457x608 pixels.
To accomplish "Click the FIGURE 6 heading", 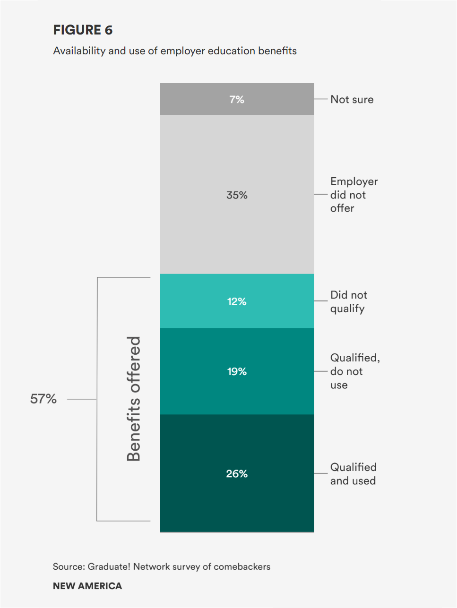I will tap(83, 30).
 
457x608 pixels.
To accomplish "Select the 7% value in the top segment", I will tap(237, 99).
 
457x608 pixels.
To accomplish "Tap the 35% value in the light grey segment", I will tap(237, 195).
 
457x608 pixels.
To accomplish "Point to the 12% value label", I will tap(237, 301).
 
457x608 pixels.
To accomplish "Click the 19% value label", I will tap(237, 371).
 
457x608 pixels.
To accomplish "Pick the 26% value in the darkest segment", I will tap(237, 473).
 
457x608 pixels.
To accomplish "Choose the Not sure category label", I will tap(352, 99).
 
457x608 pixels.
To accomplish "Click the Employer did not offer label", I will tap(354, 195).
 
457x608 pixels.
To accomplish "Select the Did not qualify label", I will tap(348, 301).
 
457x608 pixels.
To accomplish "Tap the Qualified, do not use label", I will tap(354, 371).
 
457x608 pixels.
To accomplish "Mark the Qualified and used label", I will tap(353, 474).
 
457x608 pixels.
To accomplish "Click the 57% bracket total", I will tap(43, 399).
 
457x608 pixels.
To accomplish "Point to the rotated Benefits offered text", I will tap(134, 399).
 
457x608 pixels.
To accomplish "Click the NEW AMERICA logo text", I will tap(87, 586).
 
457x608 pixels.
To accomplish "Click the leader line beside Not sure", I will tap(321, 99).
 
